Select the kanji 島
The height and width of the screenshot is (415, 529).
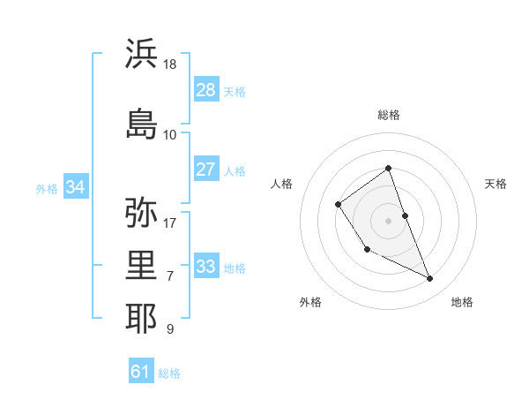click(x=142, y=122)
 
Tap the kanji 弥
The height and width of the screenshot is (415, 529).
click(x=142, y=213)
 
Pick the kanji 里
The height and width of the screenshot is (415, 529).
click(x=142, y=265)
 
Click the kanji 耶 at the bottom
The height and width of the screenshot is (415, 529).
click(x=142, y=318)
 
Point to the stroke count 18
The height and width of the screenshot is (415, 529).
click(x=170, y=64)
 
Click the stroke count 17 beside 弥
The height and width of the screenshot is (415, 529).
click(x=170, y=223)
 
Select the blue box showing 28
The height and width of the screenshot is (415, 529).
click(x=206, y=90)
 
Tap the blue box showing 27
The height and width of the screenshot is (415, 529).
click(x=206, y=170)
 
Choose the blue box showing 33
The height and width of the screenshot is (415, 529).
click(x=206, y=267)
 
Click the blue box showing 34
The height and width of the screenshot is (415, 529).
click(x=76, y=187)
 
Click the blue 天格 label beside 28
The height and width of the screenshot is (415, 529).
click(x=235, y=92)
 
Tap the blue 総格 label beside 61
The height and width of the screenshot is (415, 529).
click(x=169, y=373)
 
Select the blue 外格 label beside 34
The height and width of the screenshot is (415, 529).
click(x=47, y=189)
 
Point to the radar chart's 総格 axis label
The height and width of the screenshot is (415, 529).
click(x=389, y=115)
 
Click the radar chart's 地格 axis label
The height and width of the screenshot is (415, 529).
click(x=462, y=302)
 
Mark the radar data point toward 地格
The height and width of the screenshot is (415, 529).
click(x=430, y=279)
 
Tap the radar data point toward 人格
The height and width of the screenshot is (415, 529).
click(x=339, y=205)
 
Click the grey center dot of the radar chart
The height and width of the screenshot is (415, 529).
click(x=389, y=219)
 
